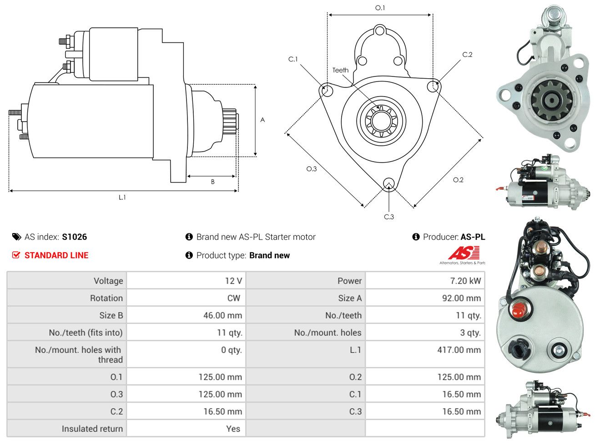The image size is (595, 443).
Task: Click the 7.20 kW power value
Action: pyautogui.click(x=465, y=280)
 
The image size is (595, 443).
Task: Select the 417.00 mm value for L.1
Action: pyautogui.click(x=459, y=350)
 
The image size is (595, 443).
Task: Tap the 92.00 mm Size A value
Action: pyautogui.click(x=461, y=298)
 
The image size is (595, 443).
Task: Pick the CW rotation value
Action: pyautogui.click(x=233, y=298)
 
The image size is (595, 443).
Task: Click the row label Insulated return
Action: pyautogui.click(x=92, y=428)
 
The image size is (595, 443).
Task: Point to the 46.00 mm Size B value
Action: pyautogui.click(x=222, y=315)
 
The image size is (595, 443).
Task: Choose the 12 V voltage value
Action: pyautogui.click(x=233, y=280)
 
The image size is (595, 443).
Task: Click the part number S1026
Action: pyautogui.click(x=74, y=237)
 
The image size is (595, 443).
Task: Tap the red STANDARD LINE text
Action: pyautogui.click(x=56, y=255)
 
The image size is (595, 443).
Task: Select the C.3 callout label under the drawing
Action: pyautogui.click(x=389, y=216)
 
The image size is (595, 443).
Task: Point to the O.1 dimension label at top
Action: pyautogui.click(x=379, y=8)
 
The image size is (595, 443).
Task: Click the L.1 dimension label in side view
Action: pyautogui.click(x=122, y=197)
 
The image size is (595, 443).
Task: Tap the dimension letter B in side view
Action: pyautogui.click(x=212, y=182)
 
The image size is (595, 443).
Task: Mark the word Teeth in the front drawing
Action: pyautogui.click(x=340, y=70)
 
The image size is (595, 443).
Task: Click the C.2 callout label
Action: pyautogui.click(x=467, y=55)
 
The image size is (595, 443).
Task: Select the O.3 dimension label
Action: pyautogui.click(x=311, y=168)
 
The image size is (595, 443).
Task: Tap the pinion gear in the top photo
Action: pyautogui.click(x=551, y=101)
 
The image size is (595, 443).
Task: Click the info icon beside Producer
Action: pyautogui.click(x=415, y=237)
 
